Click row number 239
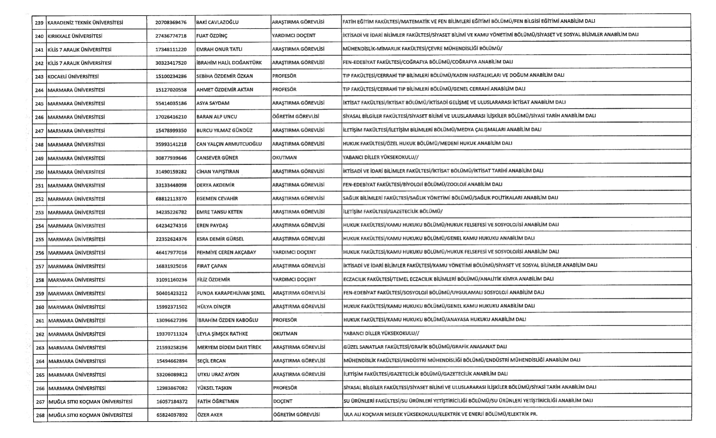pos(39,22)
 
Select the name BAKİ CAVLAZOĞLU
pos(217,22)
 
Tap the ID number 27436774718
pos(171,36)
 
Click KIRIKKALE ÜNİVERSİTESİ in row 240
pos(75,36)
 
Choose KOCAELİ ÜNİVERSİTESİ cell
pos(73,77)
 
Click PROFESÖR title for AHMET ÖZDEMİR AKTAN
pos(284,89)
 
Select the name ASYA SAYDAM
pos(213,103)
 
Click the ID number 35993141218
pos(171,144)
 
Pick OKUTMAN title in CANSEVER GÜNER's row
pos(284,157)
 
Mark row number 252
pos(40,199)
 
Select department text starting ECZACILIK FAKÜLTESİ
pos(448,279)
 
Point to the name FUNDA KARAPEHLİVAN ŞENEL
pos(231,293)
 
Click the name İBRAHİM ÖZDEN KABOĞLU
pos(227,320)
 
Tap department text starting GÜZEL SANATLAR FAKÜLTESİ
pos(425,347)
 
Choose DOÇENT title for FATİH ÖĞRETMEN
pos(283,401)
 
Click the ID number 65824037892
pos(172,415)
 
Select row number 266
pos(40,388)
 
